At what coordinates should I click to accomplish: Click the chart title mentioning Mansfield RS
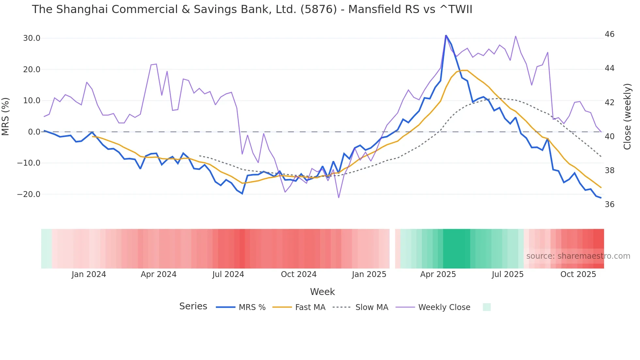252,9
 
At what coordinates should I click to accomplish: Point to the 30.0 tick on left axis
32,38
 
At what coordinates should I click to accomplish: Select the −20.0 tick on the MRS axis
29,194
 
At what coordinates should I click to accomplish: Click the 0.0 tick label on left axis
34,132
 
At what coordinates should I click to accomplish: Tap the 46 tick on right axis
609,34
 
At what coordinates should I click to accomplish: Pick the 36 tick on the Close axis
609,205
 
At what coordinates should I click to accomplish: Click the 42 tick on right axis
609,103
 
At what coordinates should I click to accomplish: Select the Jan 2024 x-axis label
89,274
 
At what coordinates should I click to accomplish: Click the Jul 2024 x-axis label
228,274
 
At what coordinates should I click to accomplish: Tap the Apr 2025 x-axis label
438,274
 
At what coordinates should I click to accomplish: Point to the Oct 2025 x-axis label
578,274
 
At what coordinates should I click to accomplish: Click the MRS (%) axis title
6,117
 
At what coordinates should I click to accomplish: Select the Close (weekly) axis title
627,117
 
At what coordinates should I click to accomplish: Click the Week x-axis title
322,292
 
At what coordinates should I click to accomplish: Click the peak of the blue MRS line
446,35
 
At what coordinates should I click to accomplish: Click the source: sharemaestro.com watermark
578,256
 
